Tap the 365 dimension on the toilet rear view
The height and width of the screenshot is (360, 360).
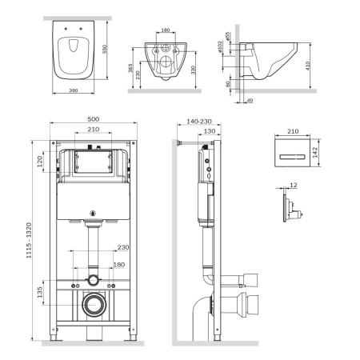pos(131,70)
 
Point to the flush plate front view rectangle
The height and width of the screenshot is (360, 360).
pos(290,154)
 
